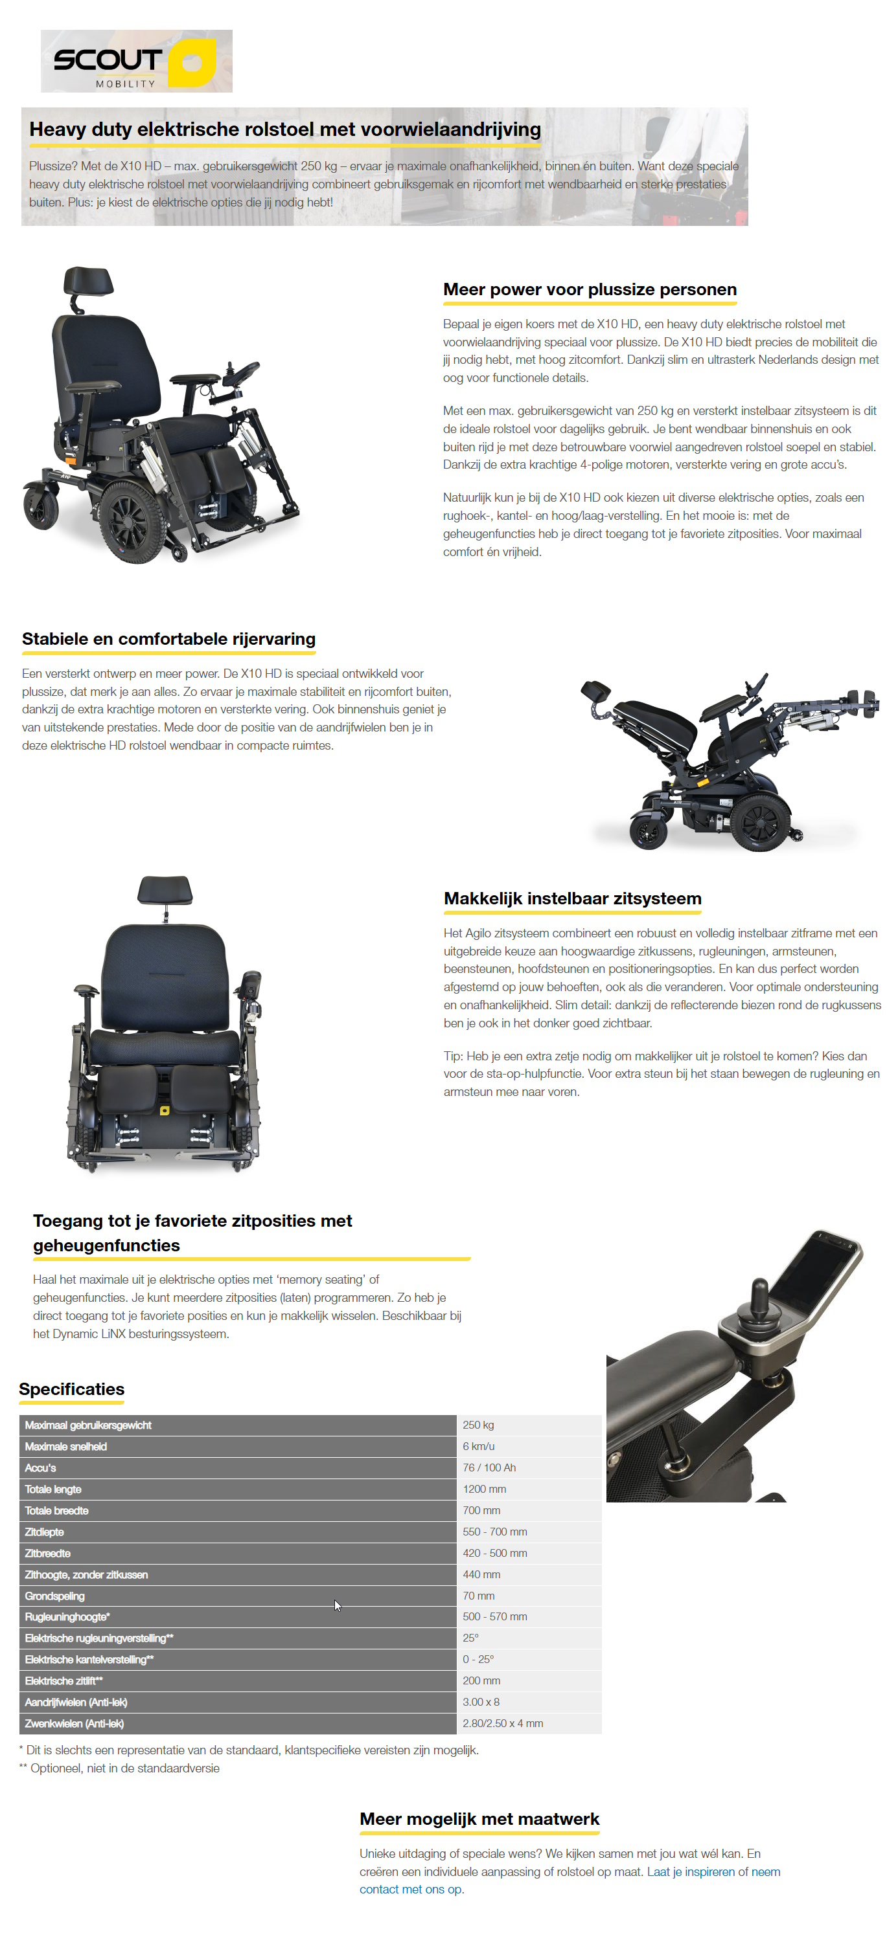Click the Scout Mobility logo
[x=137, y=61]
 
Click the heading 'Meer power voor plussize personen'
[x=589, y=289]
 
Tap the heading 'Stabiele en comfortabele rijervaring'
[x=168, y=640]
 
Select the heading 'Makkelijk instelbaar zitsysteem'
[x=571, y=898]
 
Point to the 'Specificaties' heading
[x=72, y=1389]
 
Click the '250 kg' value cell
[x=478, y=1425]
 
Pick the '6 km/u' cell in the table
[x=478, y=1447]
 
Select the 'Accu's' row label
[x=41, y=1468]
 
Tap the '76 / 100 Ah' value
[x=489, y=1468]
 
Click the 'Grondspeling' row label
[x=54, y=1596]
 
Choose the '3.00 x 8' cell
[x=481, y=1702]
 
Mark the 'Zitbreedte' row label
[x=47, y=1554]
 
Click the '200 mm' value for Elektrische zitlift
[x=481, y=1681]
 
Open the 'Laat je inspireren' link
[x=691, y=1872]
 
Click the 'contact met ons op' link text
[x=410, y=1889]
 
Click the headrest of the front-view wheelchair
[x=165, y=890]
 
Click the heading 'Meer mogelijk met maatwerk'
[x=479, y=1819]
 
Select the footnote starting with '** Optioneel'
[x=119, y=1769]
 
